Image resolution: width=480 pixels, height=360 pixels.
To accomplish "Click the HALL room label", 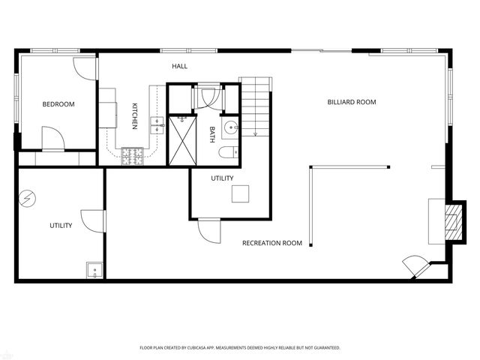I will pyautogui.click(x=179, y=67).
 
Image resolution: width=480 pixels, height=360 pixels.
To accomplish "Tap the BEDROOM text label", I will pyautogui.click(x=58, y=104).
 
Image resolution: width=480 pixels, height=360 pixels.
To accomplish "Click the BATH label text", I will pyautogui.click(x=212, y=134).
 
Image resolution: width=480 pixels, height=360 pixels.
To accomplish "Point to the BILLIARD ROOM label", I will pyautogui.click(x=351, y=102).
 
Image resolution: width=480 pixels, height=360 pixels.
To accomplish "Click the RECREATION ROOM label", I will pyautogui.click(x=271, y=243).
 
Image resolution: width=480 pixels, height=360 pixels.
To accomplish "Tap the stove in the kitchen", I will pyautogui.click(x=132, y=155).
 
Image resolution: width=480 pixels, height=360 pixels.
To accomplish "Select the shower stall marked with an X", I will pyautogui.click(x=181, y=140).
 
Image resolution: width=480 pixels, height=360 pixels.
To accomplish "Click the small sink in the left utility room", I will pyautogui.click(x=94, y=269).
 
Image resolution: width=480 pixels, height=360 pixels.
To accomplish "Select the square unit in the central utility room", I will pyautogui.click(x=239, y=193).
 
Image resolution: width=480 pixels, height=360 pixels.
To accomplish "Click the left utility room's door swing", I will pyautogui.click(x=88, y=220).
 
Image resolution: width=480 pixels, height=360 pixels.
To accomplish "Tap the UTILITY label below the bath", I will pyautogui.click(x=222, y=178).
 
